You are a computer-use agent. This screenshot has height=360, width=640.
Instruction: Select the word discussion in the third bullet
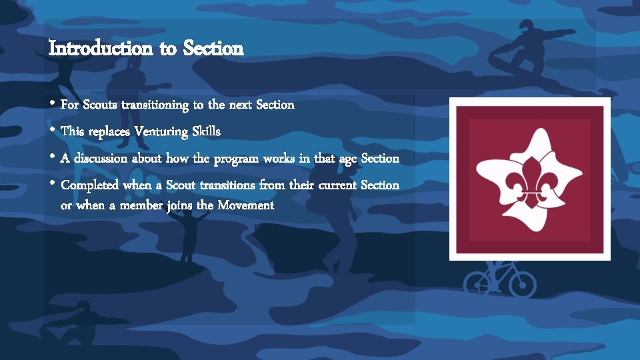pyautogui.click(x=101, y=159)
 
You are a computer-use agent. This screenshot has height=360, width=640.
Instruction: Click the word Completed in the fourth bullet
pyautogui.click(x=90, y=185)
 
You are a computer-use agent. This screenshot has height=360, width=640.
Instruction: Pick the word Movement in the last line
pyautogui.click(x=245, y=205)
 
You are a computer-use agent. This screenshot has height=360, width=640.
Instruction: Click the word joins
pyautogui.click(x=179, y=205)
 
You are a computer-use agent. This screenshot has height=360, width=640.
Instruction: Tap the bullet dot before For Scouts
pyautogui.click(x=52, y=105)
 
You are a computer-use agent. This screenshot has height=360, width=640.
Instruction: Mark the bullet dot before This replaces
pyautogui.click(x=52, y=131)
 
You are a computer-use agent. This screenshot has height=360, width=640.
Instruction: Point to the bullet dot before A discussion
pyautogui.click(x=52, y=158)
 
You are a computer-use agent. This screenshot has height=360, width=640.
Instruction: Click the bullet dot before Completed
pyautogui.click(x=52, y=185)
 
